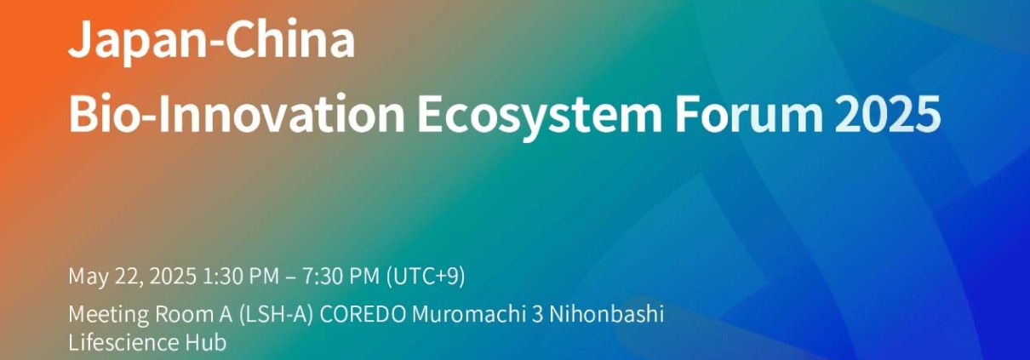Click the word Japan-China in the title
[211, 42]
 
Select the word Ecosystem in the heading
[540, 116]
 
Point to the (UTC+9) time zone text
[426, 277]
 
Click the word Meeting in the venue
[109, 316]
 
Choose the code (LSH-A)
[276, 315]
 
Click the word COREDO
[363, 315]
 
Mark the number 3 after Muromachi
[537, 315]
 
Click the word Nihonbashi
[606, 314]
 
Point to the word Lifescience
[123, 342]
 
